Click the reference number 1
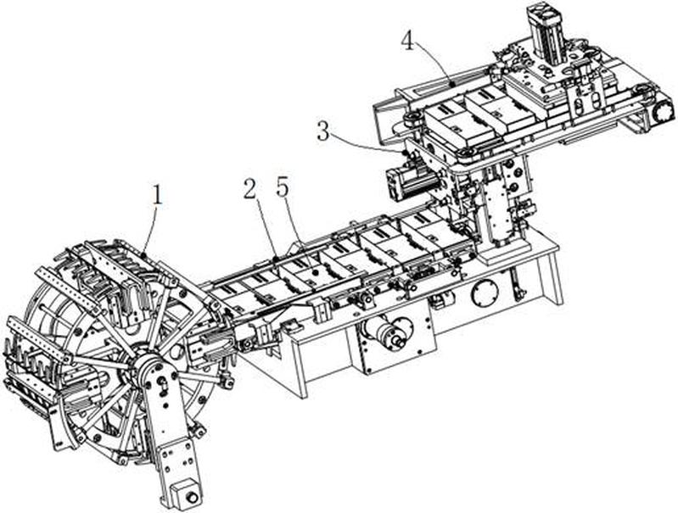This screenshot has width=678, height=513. [x=155, y=194]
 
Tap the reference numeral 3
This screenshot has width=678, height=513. [x=322, y=131]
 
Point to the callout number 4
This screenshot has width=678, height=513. [x=408, y=40]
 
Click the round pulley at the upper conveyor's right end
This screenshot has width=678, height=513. [x=658, y=109]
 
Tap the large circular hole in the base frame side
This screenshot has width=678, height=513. [x=485, y=294]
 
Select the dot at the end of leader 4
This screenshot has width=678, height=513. [x=450, y=82]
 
